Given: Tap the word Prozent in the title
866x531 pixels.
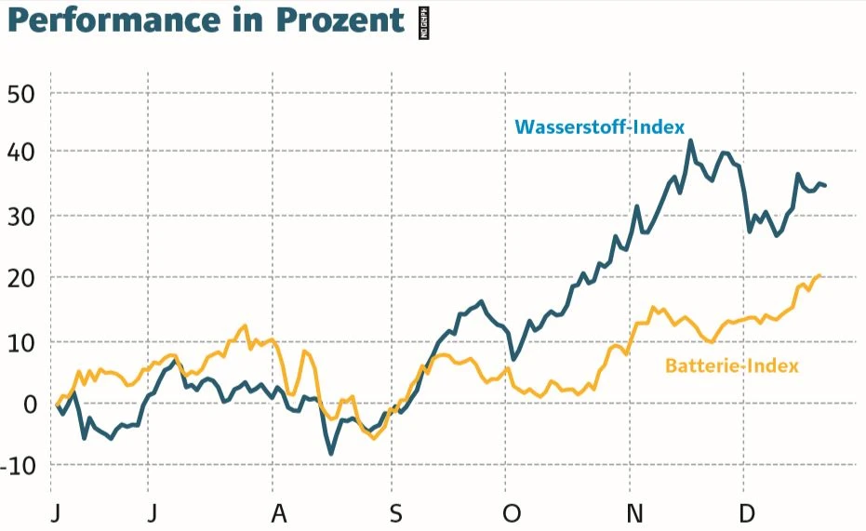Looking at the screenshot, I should tap(340, 20).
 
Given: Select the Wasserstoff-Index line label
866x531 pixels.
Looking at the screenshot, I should tap(600, 126).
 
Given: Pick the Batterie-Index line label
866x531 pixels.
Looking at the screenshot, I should tap(731, 365).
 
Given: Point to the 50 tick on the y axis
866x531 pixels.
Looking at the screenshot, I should tap(20, 94).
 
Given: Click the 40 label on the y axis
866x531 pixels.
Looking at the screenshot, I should tap(20, 152).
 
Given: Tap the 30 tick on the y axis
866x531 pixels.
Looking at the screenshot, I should tap(20, 217).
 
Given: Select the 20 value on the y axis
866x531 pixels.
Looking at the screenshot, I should tap(20, 278).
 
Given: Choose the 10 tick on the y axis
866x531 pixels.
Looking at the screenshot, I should tap(20, 342).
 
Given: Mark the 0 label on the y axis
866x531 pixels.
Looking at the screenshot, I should tap(28, 405).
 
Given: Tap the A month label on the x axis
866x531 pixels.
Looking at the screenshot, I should tap(275, 513).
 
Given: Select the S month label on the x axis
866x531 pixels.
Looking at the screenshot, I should tap(396, 513).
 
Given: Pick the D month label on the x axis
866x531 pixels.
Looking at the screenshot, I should tap(746, 513).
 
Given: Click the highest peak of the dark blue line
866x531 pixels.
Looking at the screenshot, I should tap(690, 141).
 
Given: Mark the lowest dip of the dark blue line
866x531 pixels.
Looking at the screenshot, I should tap(331, 453).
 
